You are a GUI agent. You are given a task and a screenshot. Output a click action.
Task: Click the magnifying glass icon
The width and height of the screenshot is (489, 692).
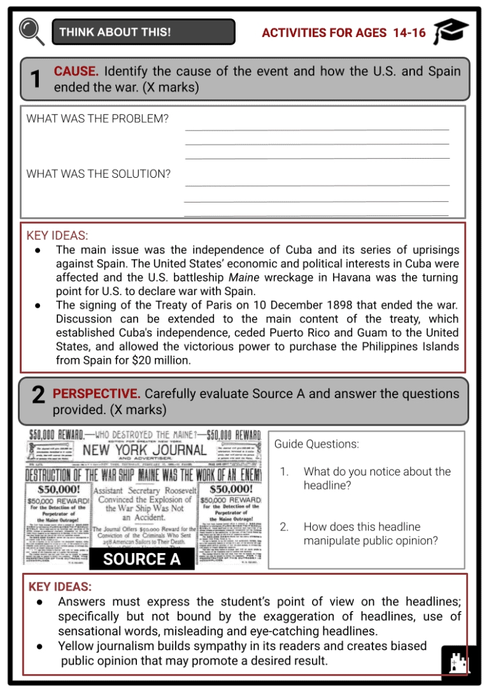(31, 31)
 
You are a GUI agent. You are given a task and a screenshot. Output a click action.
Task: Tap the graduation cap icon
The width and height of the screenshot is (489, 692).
(451, 31)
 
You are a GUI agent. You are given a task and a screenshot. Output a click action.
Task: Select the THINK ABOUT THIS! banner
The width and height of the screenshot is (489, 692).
(143, 32)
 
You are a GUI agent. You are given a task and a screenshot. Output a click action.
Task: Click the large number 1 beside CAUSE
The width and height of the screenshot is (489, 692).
(36, 79)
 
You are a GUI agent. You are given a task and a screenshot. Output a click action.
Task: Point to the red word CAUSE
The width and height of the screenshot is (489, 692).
(76, 71)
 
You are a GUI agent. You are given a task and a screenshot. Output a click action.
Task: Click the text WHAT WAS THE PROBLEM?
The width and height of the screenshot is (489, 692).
(97, 119)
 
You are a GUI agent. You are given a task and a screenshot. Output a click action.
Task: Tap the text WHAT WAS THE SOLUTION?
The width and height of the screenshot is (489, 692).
(98, 173)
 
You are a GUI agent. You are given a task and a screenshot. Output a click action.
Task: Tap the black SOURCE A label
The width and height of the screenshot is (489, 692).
(142, 559)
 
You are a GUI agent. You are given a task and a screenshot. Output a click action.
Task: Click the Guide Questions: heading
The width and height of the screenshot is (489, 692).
(316, 444)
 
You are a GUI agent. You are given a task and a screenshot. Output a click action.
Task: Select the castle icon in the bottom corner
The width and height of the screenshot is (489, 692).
(458, 665)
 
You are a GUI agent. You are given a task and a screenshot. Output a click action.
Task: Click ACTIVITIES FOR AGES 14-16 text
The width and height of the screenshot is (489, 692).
(344, 32)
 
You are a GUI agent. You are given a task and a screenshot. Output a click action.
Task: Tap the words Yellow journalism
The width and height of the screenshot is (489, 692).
(104, 645)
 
